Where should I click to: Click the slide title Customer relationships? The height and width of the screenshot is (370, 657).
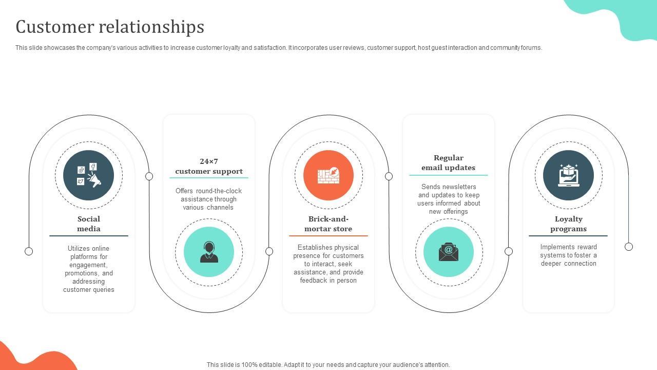(x=110, y=27)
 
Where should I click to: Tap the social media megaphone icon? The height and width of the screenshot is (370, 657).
(x=89, y=175)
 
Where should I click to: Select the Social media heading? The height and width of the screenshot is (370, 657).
(x=89, y=224)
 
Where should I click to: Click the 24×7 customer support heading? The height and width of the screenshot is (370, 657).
(x=209, y=166)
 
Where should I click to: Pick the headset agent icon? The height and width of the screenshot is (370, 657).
(x=209, y=252)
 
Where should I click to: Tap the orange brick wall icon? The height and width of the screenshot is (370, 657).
(x=328, y=175)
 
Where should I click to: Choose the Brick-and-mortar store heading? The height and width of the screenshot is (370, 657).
(x=328, y=224)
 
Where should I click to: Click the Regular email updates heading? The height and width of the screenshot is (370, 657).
(x=448, y=162)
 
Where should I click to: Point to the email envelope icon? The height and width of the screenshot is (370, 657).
(x=448, y=252)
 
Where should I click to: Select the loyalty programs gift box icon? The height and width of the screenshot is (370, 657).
(x=568, y=175)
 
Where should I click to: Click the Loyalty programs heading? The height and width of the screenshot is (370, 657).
(x=568, y=224)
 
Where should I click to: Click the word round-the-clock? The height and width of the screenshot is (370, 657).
(x=219, y=191)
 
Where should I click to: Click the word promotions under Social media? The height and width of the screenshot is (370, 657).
(x=82, y=273)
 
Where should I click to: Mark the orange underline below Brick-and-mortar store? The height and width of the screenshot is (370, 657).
(x=328, y=236)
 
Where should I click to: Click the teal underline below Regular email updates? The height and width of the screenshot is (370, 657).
(x=448, y=175)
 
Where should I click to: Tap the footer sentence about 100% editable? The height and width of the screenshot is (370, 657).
(x=328, y=365)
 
